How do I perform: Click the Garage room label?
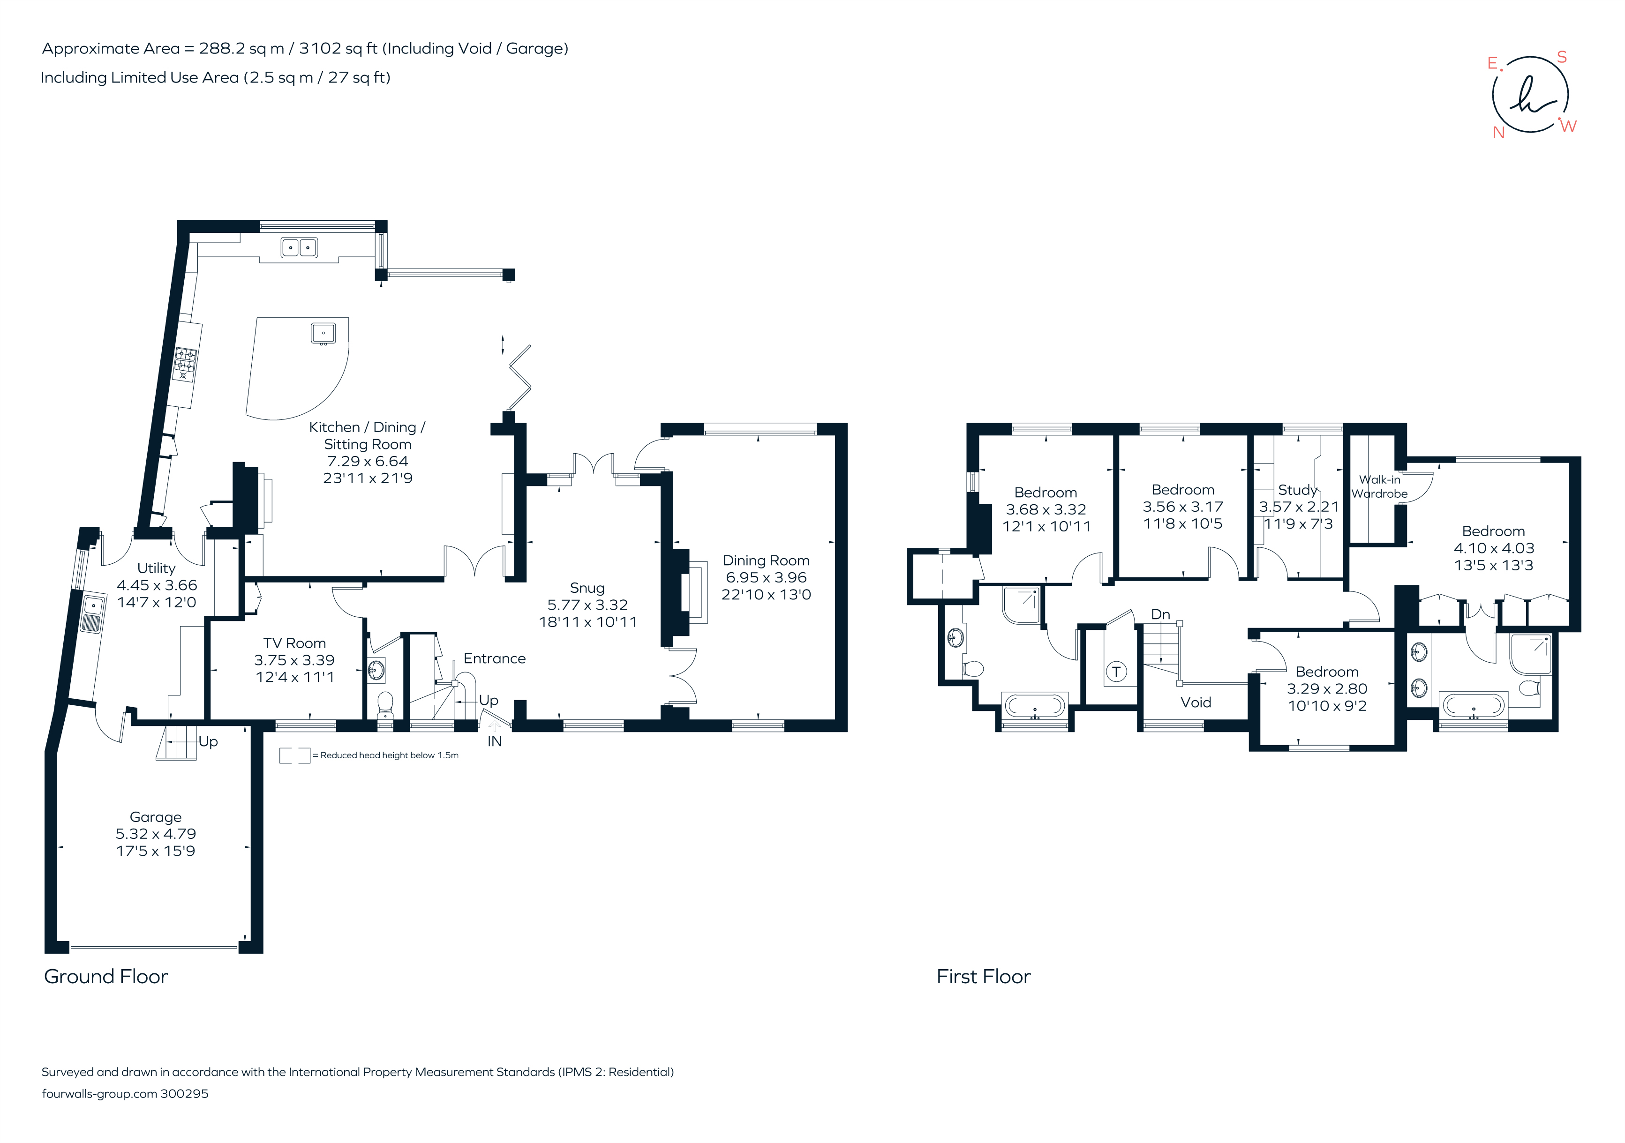(155, 817)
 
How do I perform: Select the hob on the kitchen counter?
(186, 364)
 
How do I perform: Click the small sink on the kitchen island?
(323, 332)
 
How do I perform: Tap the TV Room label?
(294, 643)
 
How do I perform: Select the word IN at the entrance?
(495, 741)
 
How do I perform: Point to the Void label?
(1196, 702)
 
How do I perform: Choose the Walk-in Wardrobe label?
(1379, 486)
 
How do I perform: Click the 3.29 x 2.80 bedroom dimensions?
(1326, 688)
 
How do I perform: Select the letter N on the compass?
(1498, 132)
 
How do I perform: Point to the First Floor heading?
(983, 977)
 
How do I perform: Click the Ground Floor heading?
(106, 977)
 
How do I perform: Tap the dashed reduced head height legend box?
(294, 755)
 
